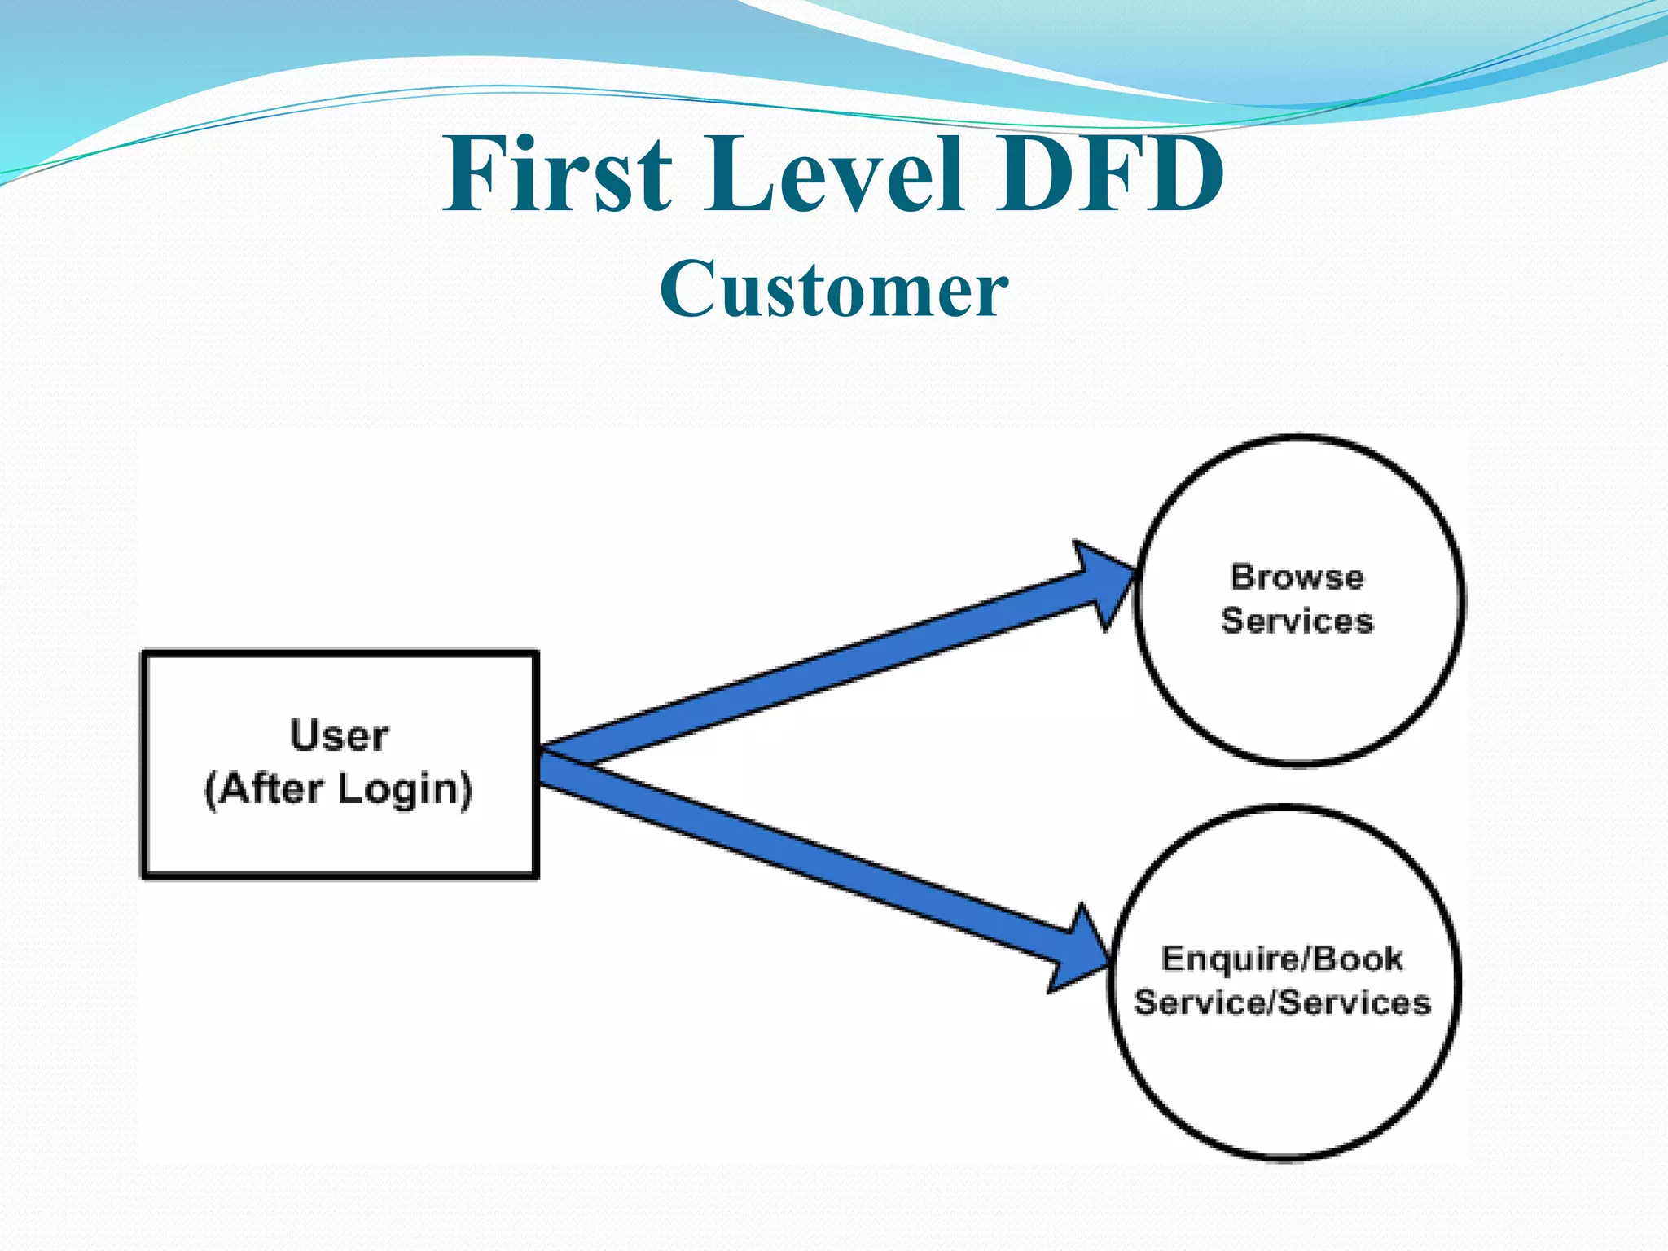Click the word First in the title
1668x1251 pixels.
[x=558, y=174]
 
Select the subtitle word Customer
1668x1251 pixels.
[x=834, y=289]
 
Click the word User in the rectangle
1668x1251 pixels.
[x=339, y=735]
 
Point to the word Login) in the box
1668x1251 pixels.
[x=405, y=789]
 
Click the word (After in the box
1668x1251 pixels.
[x=263, y=789]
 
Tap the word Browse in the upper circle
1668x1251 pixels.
[x=1297, y=577]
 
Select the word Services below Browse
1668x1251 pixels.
[x=1297, y=621]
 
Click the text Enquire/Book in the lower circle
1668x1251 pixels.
[x=1282, y=959]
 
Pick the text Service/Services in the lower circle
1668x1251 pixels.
[x=1282, y=1002]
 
